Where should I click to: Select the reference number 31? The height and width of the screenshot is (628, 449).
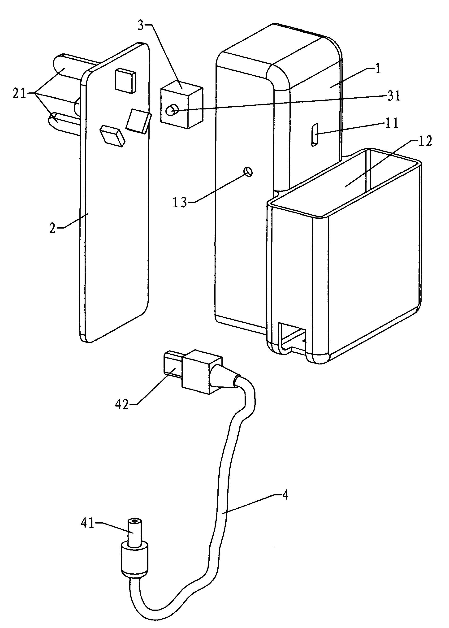tap(394, 96)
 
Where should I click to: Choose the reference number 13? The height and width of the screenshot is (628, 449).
tap(180, 203)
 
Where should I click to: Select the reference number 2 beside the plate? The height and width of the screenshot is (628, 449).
tap(52, 228)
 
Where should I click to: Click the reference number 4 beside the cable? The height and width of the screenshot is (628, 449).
tap(285, 495)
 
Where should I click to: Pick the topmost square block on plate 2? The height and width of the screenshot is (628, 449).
tap(125, 80)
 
